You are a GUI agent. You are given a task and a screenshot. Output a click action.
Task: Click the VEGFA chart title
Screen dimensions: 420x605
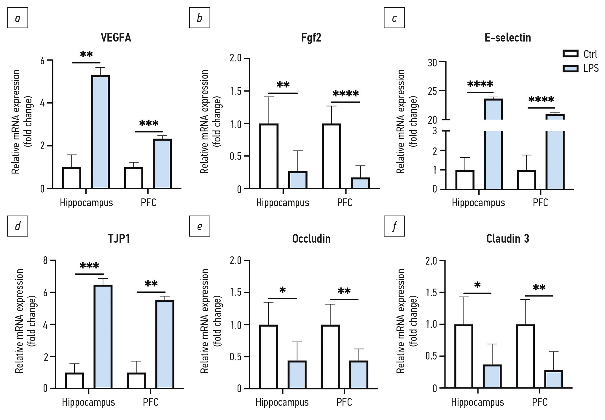tap(116, 38)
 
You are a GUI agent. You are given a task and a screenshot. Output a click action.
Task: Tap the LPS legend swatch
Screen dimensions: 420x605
tap(570, 69)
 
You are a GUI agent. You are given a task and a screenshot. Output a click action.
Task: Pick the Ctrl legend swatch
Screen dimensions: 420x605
tap(570, 54)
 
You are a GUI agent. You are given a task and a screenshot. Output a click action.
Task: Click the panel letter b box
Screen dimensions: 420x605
tap(200, 18)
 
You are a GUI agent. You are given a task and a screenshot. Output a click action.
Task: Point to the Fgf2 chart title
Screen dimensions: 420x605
tap(311, 38)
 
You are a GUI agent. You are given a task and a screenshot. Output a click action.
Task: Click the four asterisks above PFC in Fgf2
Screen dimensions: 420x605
tap(346, 94)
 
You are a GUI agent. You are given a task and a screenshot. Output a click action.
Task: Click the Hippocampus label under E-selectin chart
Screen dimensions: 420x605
tap(478, 203)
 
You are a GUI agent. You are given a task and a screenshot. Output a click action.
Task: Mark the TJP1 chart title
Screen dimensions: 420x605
tap(119, 238)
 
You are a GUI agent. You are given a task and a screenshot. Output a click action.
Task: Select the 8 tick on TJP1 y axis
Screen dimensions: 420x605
tap(45, 260)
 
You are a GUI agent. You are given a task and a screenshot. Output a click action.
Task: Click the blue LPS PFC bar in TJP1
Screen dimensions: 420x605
tap(165, 344)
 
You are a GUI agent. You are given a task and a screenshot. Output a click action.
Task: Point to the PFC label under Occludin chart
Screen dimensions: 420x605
tap(344, 402)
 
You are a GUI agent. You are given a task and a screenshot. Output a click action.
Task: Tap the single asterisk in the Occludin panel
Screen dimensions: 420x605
tap(282, 290)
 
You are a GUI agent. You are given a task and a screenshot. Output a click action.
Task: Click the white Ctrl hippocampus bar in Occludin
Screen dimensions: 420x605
tap(269, 357)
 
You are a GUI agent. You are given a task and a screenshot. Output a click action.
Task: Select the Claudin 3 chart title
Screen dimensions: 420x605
tap(507, 238)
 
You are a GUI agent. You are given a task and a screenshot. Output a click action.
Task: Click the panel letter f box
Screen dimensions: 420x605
tap(394, 226)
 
